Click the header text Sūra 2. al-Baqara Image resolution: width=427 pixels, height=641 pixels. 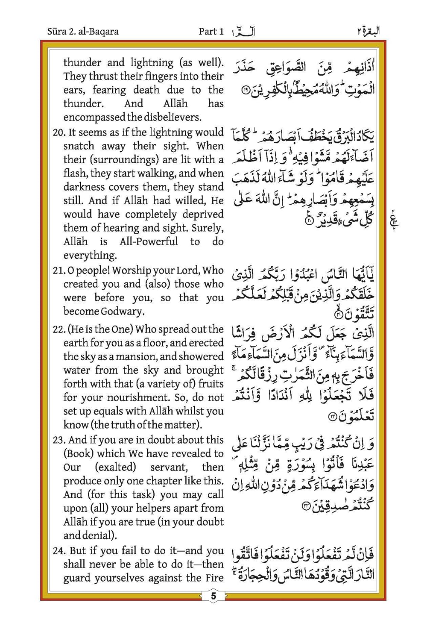pyautogui.click(x=83, y=31)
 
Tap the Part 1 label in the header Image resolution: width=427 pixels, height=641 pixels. pyautogui.click(x=211, y=31)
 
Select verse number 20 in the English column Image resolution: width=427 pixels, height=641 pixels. pyautogui.click(x=58, y=132)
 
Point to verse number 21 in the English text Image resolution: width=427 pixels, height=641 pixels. pyautogui.click(x=58, y=271)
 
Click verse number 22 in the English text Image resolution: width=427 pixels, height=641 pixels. pyautogui.click(x=58, y=329)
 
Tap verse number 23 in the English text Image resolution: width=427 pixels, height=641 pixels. pyautogui.click(x=58, y=440)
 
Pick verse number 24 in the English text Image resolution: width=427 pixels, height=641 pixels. pyautogui.click(x=59, y=551)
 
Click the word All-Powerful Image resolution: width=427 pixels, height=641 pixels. pyautogui.click(x=149, y=242)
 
